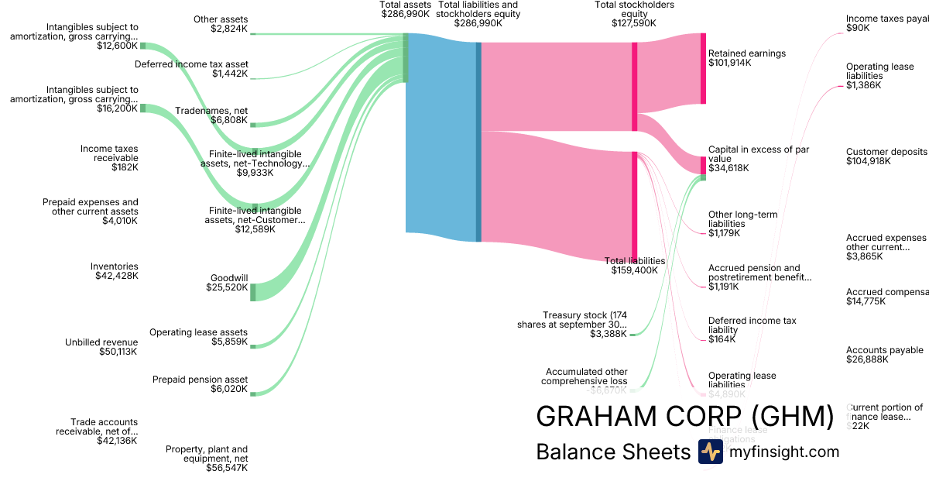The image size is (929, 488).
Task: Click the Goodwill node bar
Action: pos(253,291)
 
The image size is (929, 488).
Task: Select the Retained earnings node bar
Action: pos(703,68)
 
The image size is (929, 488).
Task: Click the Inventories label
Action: pos(115,266)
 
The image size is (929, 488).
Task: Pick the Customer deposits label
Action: pos(886,152)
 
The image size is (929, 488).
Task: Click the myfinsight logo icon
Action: pos(710,452)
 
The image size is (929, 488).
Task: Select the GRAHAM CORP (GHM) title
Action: pos(684,417)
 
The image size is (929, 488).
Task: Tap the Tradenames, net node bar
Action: pos(253,124)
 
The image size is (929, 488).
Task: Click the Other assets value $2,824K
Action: pos(229,29)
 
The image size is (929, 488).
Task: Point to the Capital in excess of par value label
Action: pos(759,154)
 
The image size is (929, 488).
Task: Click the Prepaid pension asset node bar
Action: pos(253,393)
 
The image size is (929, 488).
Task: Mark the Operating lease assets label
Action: pos(198,332)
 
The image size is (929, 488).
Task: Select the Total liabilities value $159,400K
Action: pos(635,270)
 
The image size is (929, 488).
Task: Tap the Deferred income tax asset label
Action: pos(191,64)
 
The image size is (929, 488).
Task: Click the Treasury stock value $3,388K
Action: pos(608,334)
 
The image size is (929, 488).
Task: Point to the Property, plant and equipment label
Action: pos(207,453)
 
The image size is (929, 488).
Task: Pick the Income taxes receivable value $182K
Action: pos(124,167)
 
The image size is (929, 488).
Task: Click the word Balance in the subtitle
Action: pos(573,452)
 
